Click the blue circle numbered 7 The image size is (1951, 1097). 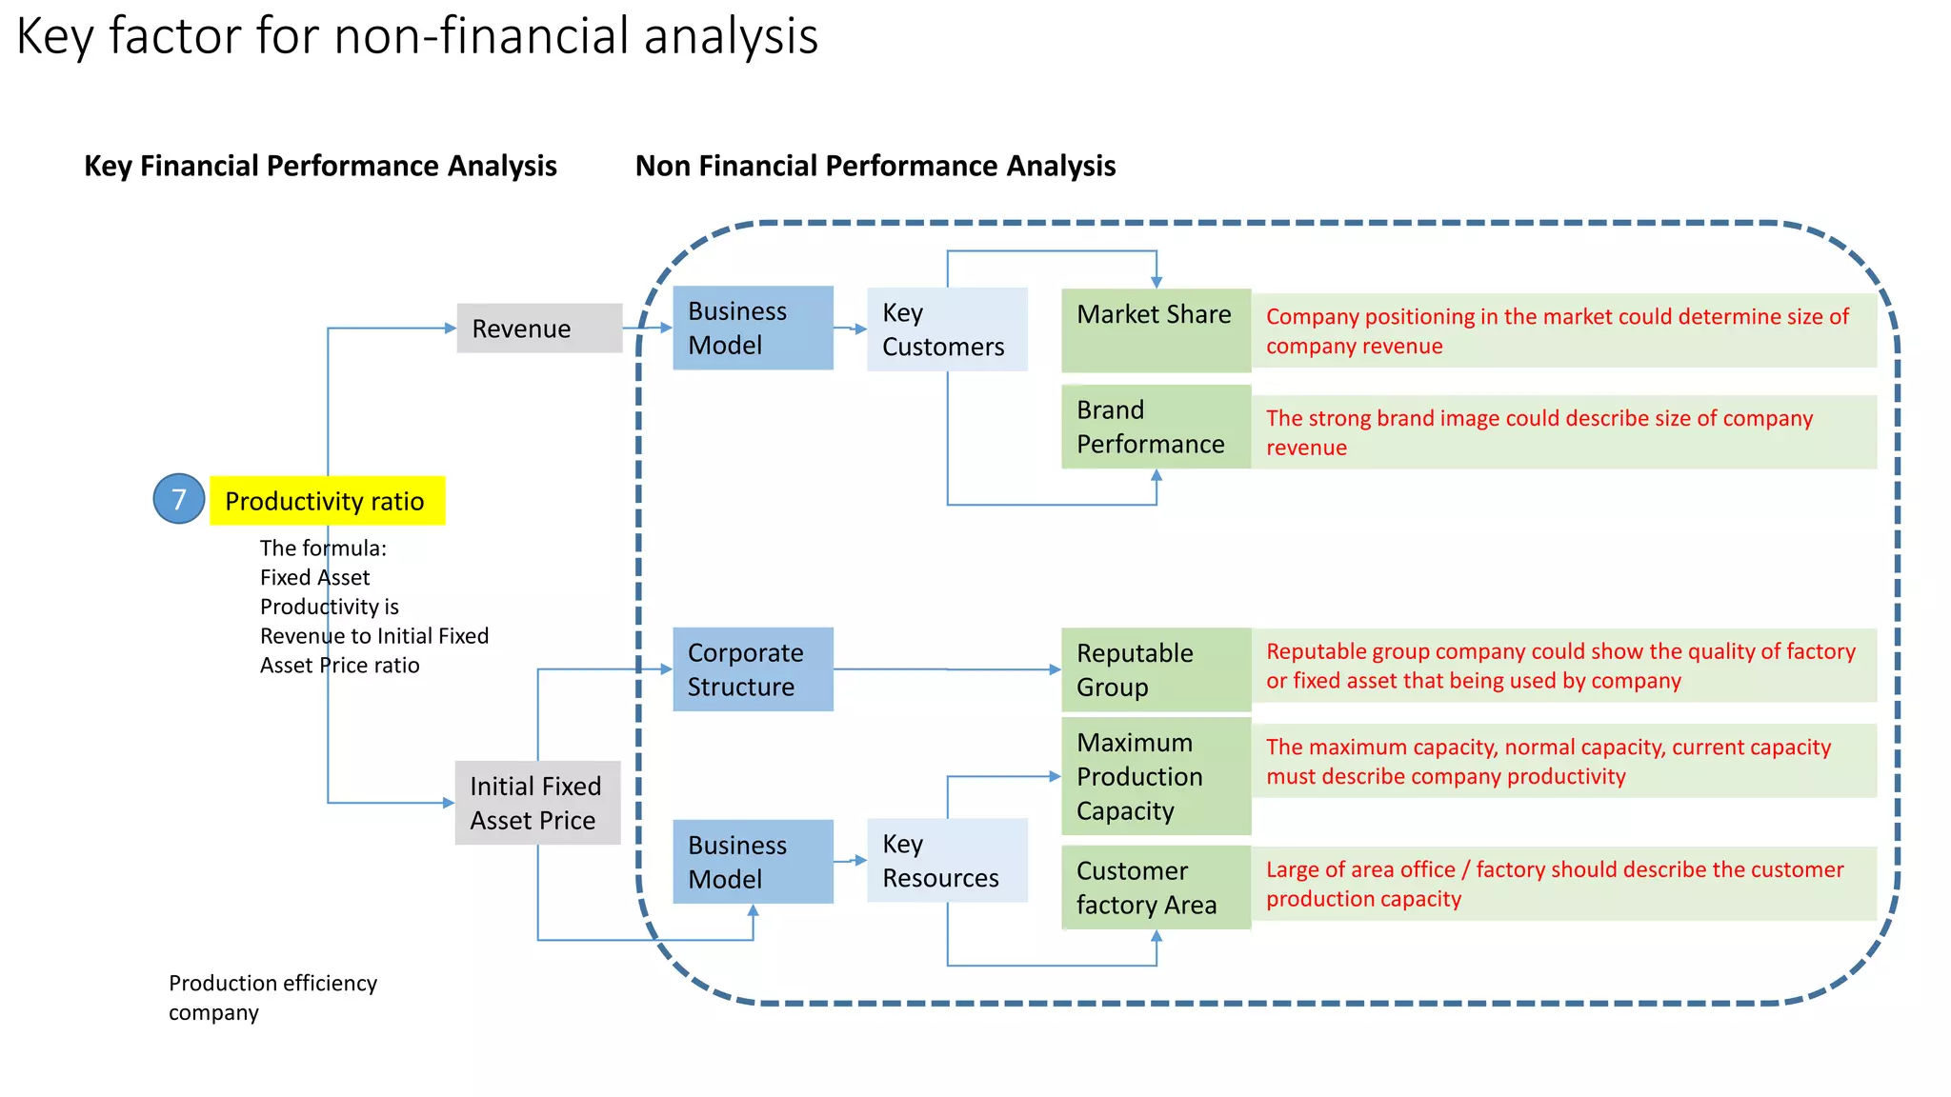click(x=179, y=499)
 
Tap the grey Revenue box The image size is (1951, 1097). click(x=539, y=329)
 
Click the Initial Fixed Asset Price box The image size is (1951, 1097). click(x=537, y=803)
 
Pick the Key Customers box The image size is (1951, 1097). click(x=947, y=329)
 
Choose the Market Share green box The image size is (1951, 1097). click(x=1156, y=329)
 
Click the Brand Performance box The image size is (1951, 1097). click(x=1156, y=427)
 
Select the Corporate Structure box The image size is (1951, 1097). click(x=753, y=669)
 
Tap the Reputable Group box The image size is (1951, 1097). click(x=1156, y=669)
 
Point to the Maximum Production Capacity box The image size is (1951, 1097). click(x=1156, y=776)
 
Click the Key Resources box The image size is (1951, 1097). click(x=947, y=860)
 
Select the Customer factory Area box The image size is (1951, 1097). click(x=1156, y=888)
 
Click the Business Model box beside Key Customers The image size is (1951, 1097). click(x=753, y=329)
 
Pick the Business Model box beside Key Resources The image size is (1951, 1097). click(x=753, y=862)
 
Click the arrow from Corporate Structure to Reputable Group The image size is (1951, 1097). click(x=947, y=669)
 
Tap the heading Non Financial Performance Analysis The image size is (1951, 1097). click(x=875, y=166)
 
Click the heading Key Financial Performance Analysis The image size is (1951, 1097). click(x=320, y=166)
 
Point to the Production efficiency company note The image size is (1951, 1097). click(x=272, y=997)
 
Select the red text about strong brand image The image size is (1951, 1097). click(x=1539, y=432)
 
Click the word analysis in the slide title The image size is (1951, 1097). click(x=730, y=36)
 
